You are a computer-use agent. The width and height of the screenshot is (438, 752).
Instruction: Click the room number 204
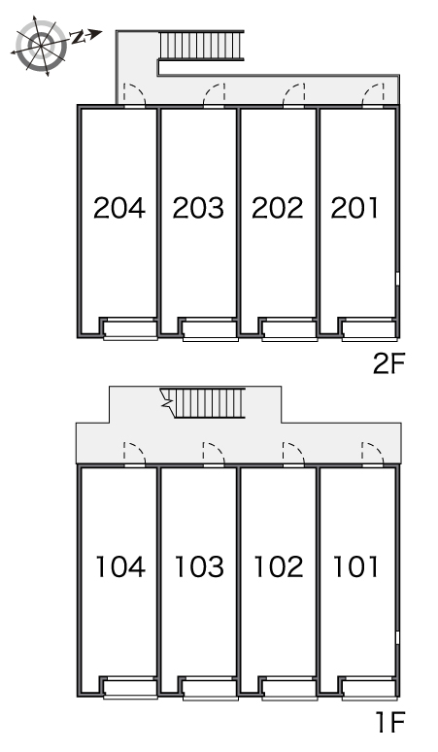119,208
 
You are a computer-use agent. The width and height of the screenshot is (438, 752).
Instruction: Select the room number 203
198,208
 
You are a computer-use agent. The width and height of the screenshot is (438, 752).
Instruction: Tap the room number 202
278,208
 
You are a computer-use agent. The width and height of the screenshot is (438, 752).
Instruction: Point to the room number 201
354,208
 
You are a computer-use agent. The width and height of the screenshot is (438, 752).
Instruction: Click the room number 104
120,566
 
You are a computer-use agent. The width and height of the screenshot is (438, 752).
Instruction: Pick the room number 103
199,566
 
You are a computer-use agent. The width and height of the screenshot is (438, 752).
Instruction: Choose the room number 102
279,566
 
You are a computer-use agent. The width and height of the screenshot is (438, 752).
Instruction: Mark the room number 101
355,566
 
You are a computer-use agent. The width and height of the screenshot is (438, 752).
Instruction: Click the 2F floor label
389,364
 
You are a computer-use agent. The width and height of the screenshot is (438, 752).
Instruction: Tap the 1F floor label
391,722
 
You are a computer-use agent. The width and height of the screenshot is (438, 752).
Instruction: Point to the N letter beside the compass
77,37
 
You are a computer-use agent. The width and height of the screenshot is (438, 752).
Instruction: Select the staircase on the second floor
201,46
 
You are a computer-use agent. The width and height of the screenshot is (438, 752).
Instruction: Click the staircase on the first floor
205,402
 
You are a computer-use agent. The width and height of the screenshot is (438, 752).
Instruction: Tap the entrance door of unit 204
135,94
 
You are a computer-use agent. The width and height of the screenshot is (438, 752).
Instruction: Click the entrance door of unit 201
373,94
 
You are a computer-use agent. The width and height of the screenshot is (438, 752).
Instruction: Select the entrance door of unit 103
214,453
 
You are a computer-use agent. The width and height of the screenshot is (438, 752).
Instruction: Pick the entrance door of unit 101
373,453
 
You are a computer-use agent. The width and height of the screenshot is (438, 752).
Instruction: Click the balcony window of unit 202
289,329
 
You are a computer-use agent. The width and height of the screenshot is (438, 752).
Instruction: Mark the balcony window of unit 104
130,688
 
